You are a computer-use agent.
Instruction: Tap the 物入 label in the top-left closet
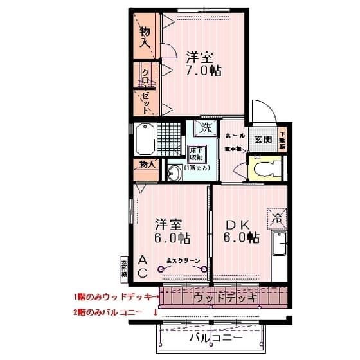click(x=147, y=37)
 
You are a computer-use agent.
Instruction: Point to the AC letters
click(x=143, y=266)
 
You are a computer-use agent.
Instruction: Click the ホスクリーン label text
click(x=184, y=260)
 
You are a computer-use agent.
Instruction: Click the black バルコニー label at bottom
click(x=215, y=337)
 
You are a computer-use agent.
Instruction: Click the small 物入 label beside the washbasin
click(x=147, y=164)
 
